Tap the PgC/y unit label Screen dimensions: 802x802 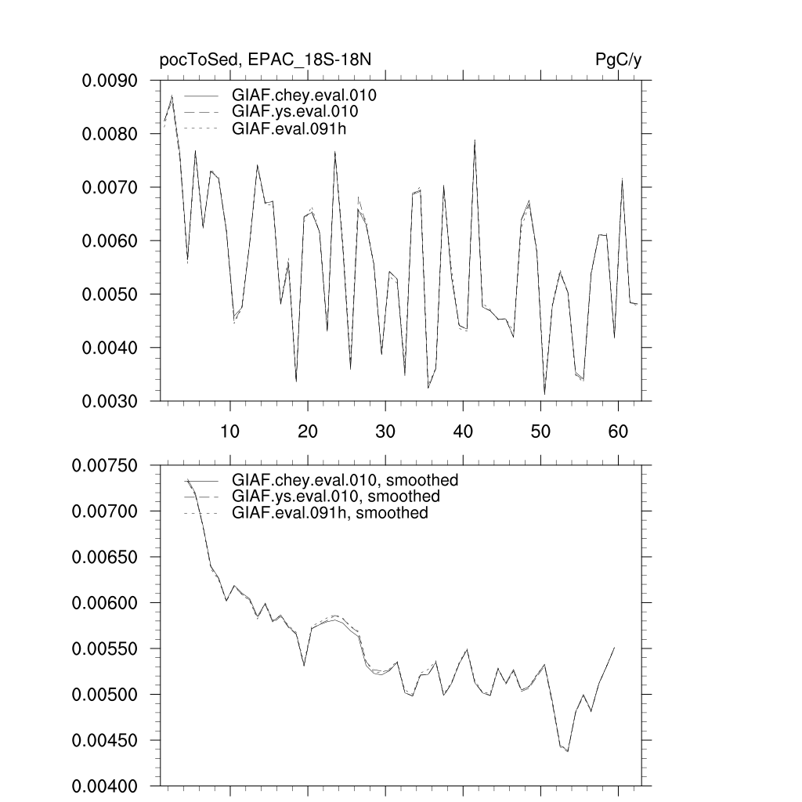tap(619, 61)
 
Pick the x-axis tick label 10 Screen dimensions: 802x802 tap(229, 431)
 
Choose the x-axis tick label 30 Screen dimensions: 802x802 tap(385, 431)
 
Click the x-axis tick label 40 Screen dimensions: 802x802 tap(462, 431)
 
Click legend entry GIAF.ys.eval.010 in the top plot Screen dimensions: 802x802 tap(295, 113)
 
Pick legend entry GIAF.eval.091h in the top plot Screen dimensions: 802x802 tap(288, 129)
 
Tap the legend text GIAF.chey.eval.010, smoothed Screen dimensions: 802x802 tap(345, 480)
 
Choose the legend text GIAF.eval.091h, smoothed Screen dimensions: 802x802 tap(330, 513)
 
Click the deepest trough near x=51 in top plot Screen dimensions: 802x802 tap(545, 394)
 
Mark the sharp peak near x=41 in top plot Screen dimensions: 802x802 tap(475, 140)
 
